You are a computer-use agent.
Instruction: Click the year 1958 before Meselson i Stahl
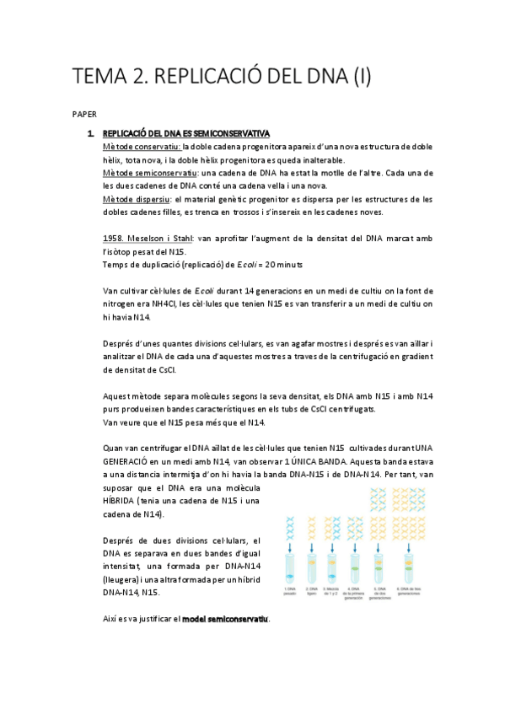point(112,239)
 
